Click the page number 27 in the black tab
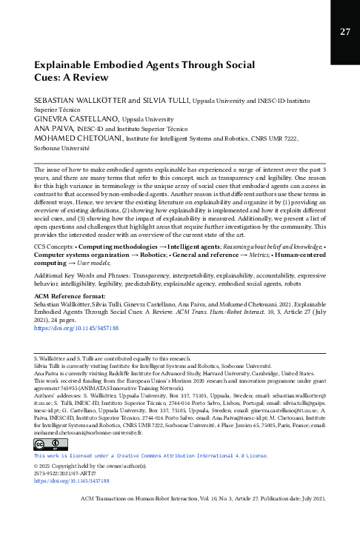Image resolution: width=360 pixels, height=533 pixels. point(345,32)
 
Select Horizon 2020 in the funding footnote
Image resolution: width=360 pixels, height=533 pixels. point(211,382)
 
